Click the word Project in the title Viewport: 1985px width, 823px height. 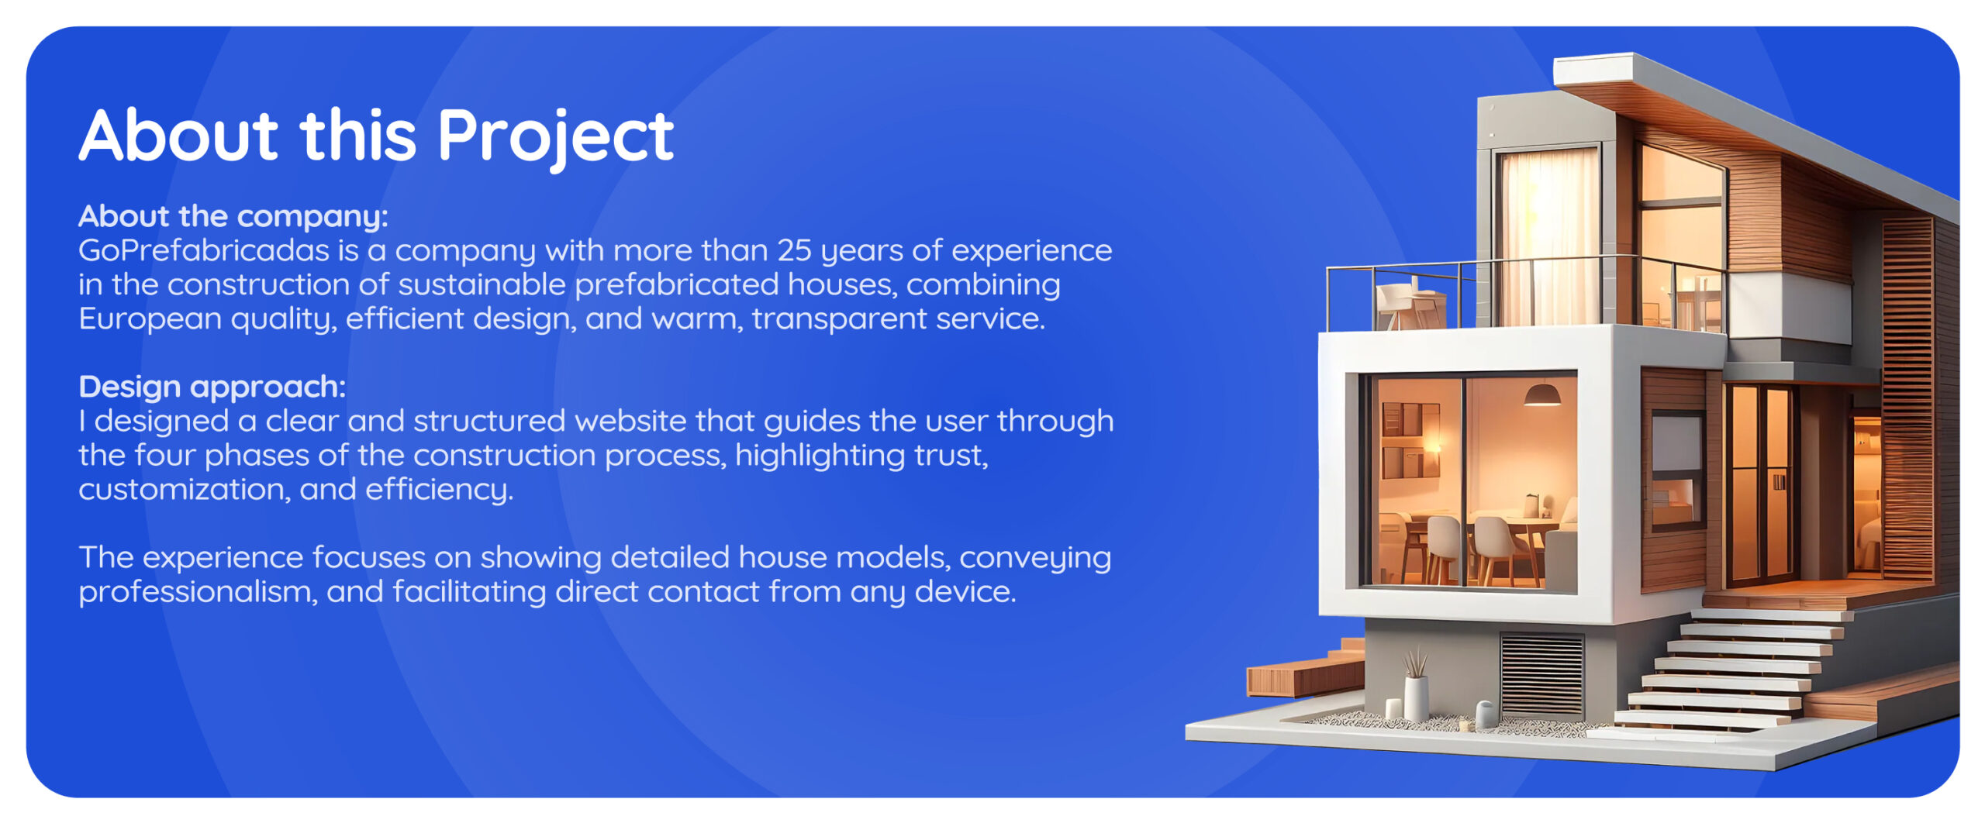[x=555, y=138]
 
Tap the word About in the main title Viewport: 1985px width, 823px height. [x=178, y=135]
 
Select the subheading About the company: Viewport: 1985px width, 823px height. [x=233, y=216]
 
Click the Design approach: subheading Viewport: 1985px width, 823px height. [x=212, y=387]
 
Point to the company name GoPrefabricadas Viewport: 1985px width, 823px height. [x=204, y=251]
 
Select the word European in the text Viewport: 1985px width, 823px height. [x=150, y=319]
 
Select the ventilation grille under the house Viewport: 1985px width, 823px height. [x=1541, y=673]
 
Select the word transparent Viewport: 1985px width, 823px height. [x=839, y=319]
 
